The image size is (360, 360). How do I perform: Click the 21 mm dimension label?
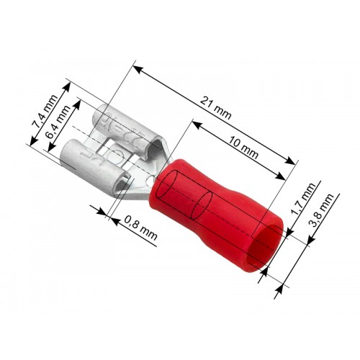[215, 108]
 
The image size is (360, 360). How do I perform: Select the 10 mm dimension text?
[243, 148]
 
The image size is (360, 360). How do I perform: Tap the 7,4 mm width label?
[45, 111]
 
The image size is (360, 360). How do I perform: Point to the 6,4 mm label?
[58, 122]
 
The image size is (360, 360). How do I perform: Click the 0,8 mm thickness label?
[141, 228]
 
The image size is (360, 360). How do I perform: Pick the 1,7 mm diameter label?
[302, 199]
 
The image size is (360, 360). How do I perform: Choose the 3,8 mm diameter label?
[322, 210]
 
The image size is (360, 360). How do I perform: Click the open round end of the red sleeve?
[267, 248]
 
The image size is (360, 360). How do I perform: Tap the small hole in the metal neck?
[151, 180]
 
